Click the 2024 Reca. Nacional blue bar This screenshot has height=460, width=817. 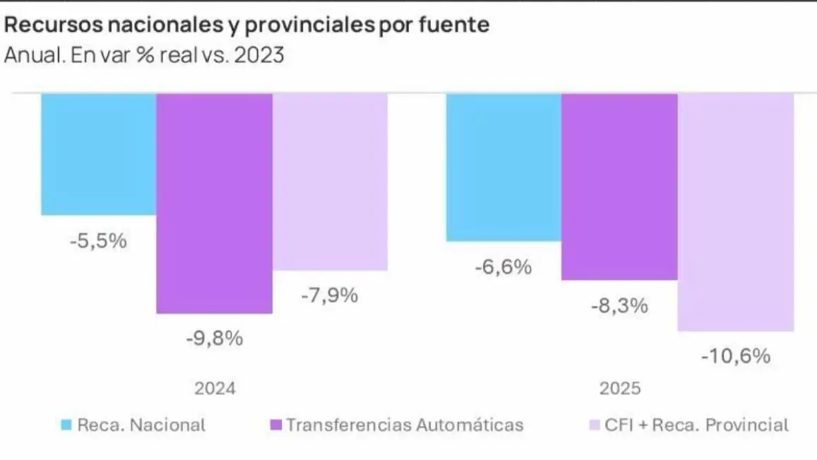(x=98, y=154)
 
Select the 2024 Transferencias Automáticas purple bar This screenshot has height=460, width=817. (x=214, y=203)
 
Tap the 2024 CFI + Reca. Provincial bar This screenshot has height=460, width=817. (x=330, y=182)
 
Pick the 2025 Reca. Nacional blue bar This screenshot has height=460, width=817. (x=503, y=167)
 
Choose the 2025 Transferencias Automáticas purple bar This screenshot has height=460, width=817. (x=619, y=187)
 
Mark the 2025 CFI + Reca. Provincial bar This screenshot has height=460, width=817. (x=735, y=212)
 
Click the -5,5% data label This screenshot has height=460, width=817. (x=98, y=240)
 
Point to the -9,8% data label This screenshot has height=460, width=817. (x=214, y=338)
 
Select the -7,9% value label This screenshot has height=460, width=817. (x=329, y=295)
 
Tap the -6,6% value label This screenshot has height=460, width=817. (x=503, y=267)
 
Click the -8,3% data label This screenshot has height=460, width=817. (x=619, y=306)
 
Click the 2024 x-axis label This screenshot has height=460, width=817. (x=214, y=389)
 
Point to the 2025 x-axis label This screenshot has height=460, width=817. (x=619, y=389)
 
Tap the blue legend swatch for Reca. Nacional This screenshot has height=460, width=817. (x=66, y=425)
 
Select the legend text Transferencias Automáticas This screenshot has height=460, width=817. (x=405, y=425)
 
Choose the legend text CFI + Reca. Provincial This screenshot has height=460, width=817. (x=697, y=425)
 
